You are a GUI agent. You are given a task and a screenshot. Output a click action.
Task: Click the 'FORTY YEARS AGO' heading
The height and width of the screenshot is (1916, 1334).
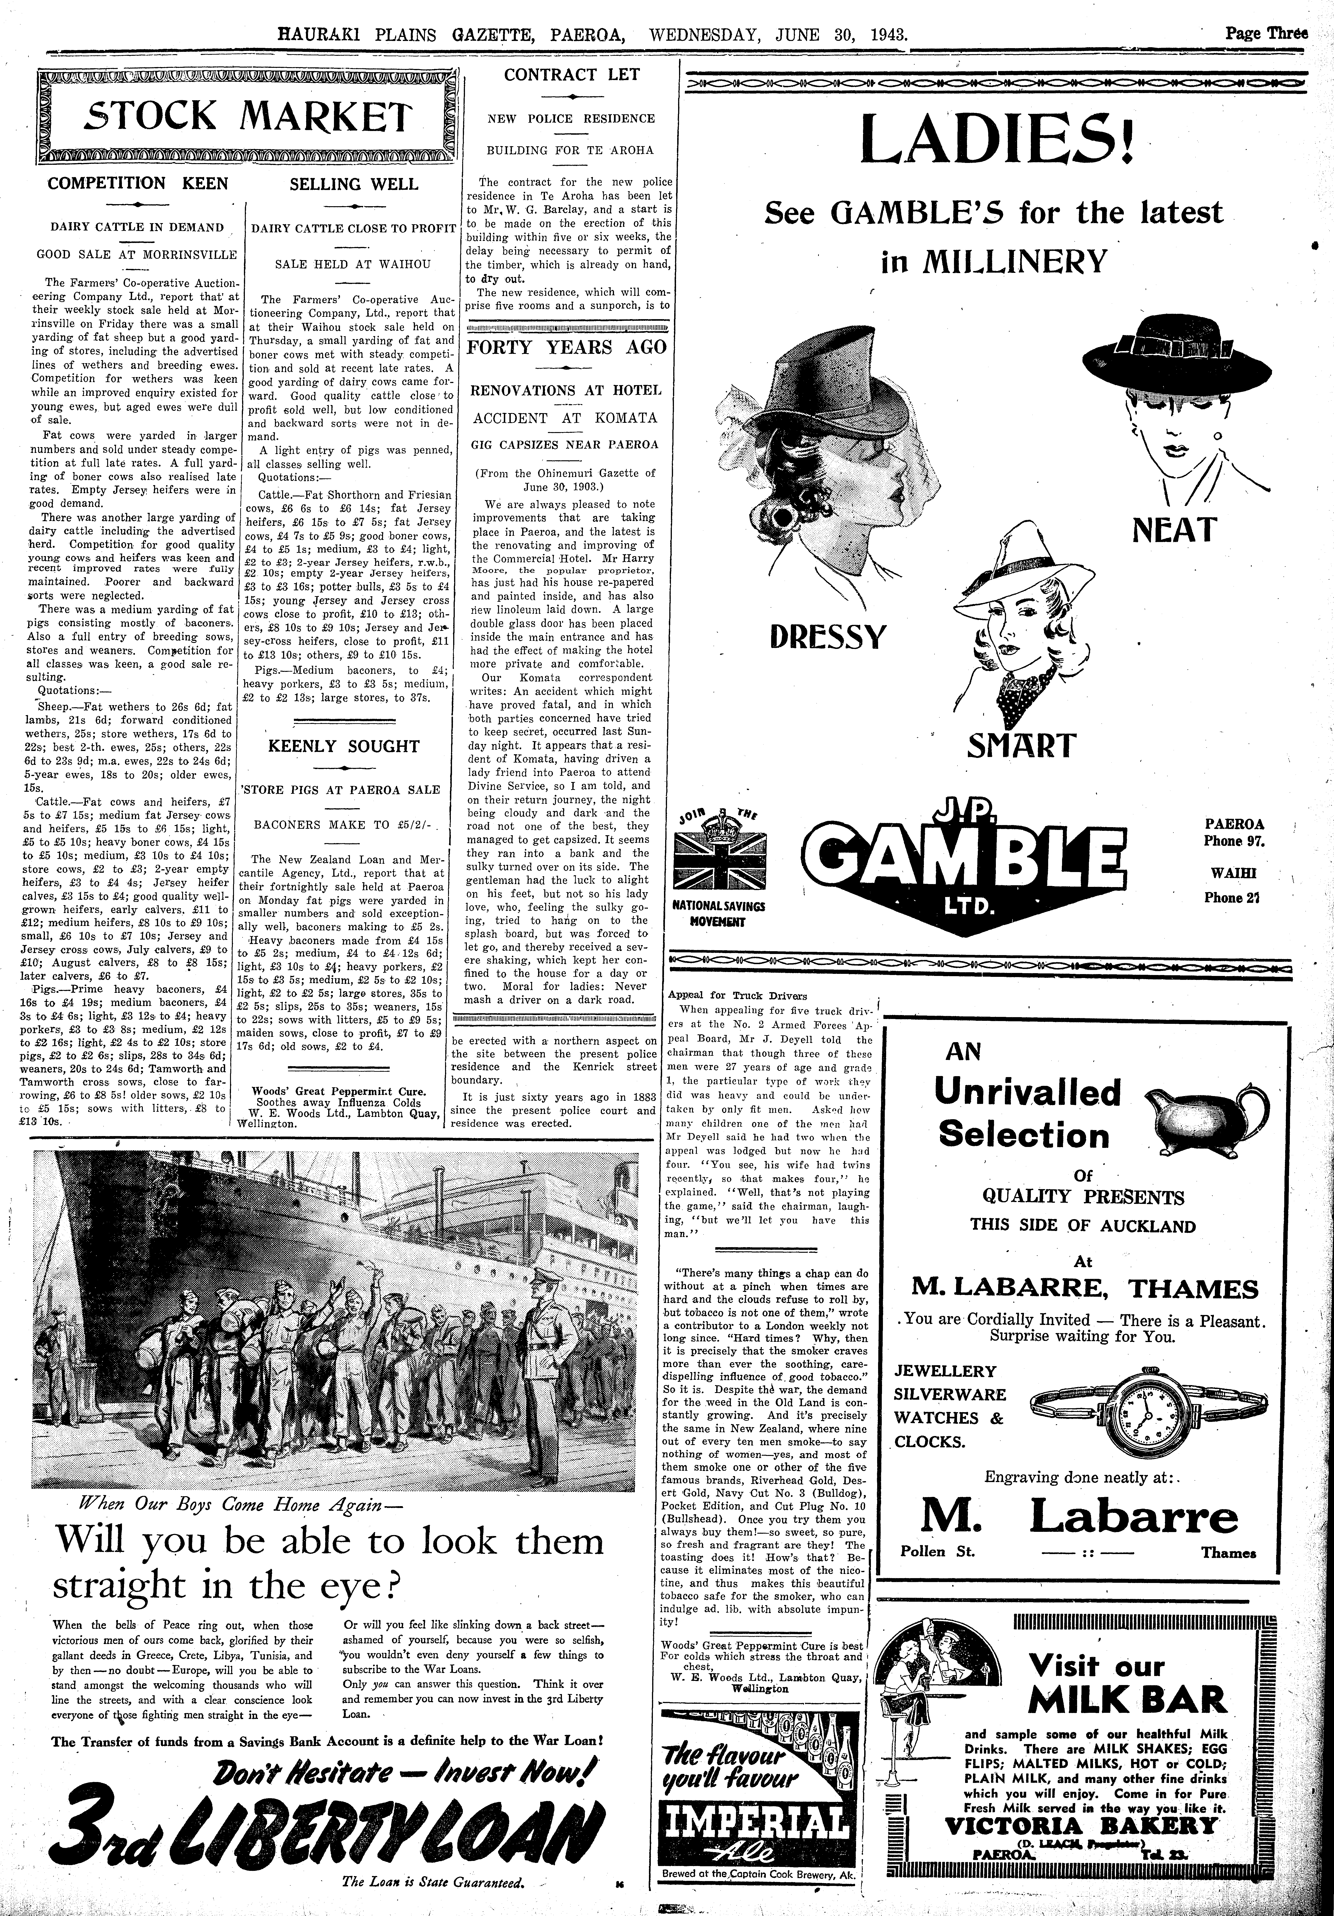coord(567,347)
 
